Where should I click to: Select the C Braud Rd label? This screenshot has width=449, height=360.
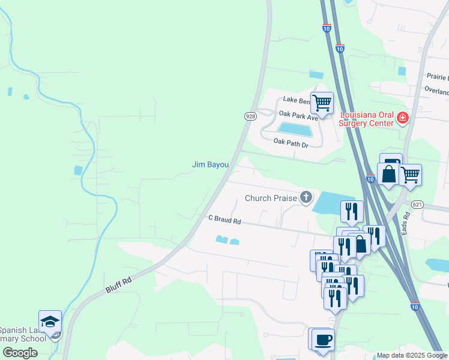[x=224, y=221]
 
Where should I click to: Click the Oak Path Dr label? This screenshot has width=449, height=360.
[x=291, y=142]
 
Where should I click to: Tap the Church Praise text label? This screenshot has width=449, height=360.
[x=271, y=198]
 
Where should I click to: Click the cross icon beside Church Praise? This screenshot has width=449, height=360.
[x=306, y=197]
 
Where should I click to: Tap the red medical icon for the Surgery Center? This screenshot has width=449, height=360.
[x=402, y=119]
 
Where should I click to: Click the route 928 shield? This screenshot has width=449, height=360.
[x=250, y=115]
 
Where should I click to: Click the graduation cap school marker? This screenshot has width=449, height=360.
[x=50, y=321]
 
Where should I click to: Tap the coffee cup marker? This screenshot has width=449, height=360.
[x=323, y=339]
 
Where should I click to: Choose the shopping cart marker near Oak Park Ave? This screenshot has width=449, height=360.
[x=322, y=103]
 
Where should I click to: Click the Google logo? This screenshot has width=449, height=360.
[x=20, y=353]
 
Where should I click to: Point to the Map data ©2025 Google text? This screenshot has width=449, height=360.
[x=412, y=355]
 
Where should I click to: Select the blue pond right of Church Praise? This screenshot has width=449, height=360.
[x=334, y=203]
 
